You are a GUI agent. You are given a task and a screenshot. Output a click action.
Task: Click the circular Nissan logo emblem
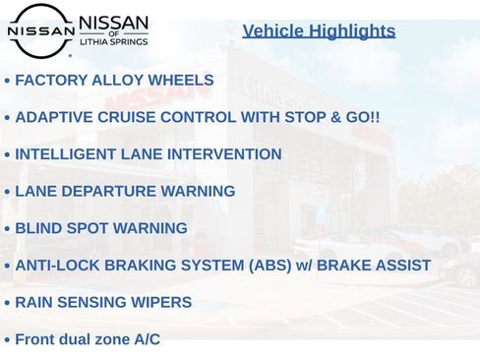pyautogui.click(x=40, y=30)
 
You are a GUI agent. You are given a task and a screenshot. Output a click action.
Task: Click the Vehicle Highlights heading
pyautogui.click(x=319, y=31)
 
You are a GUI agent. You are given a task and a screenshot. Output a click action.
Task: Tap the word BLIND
pyautogui.click(x=39, y=228)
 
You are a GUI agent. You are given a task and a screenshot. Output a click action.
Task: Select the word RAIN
pyautogui.click(x=34, y=302)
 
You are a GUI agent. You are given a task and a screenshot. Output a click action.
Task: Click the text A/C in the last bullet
pyautogui.click(x=147, y=339)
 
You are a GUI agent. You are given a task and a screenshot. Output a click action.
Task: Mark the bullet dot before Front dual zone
pyautogui.click(x=7, y=340)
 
